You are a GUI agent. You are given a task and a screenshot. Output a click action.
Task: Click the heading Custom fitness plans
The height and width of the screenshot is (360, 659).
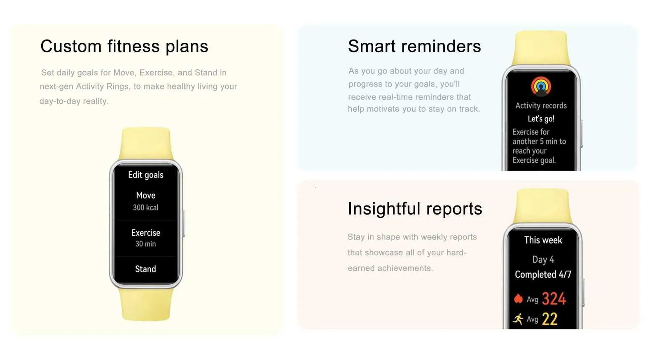[124, 47]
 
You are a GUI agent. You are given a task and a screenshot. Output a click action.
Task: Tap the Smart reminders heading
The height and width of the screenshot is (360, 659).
[414, 46]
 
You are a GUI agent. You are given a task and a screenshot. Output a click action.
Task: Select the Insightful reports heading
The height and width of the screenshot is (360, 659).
[415, 209]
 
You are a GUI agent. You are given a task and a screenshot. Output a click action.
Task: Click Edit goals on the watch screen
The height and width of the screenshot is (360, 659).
[146, 175]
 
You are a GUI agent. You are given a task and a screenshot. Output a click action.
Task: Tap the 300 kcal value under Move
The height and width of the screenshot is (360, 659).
[146, 208]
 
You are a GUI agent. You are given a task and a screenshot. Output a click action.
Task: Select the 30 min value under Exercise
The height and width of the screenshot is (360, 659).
[146, 244]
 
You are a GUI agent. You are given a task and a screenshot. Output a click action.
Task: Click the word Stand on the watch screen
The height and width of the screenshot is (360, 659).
[146, 269]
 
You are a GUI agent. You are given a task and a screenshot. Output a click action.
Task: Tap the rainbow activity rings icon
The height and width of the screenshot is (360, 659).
[541, 86]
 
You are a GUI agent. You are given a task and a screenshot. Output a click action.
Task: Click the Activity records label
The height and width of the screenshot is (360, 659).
[541, 105]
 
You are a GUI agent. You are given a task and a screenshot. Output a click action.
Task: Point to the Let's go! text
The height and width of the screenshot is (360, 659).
[541, 119]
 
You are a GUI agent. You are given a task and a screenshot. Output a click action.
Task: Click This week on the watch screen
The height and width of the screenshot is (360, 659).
[543, 240]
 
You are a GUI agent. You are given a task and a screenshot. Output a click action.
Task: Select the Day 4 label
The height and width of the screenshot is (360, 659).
[543, 259]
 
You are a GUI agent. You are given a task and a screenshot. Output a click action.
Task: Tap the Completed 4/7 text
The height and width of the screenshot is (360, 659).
[543, 274]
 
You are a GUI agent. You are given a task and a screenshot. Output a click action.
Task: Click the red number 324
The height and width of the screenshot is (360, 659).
[554, 299]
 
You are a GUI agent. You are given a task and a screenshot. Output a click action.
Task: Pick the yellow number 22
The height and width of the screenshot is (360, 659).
[549, 319]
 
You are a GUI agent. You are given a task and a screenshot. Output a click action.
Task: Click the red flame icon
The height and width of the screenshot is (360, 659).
[519, 299]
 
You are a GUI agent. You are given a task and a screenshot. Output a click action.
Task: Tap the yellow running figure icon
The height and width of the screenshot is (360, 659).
[518, 319]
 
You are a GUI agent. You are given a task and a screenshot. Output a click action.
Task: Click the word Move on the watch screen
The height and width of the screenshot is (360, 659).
[146, 195]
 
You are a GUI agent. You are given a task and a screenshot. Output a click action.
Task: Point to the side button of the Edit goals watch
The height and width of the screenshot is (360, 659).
[184, 224]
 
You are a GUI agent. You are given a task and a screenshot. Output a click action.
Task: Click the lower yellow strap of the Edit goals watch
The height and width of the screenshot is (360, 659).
[146, 304]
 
